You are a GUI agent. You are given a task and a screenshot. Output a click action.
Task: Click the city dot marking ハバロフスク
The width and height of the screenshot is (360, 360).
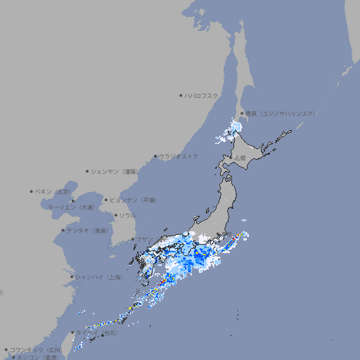181,95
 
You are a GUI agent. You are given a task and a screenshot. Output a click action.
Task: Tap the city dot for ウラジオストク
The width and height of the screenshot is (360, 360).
155,156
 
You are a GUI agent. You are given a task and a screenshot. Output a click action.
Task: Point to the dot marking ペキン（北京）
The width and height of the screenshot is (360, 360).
32,191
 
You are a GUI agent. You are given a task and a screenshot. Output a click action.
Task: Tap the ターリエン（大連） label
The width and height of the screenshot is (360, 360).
71,208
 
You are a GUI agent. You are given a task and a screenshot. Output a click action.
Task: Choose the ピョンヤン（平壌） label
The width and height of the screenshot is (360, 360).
134,200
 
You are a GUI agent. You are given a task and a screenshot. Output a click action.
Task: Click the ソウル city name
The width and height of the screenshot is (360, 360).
127,215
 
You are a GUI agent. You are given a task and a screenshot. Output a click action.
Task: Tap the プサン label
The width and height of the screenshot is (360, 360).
143,240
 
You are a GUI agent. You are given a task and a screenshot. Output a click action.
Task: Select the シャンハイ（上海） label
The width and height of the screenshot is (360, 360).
98,277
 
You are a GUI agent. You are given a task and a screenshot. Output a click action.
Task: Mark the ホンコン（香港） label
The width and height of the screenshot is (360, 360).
37,357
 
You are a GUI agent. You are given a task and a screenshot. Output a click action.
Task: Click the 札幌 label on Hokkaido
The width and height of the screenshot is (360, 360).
241,158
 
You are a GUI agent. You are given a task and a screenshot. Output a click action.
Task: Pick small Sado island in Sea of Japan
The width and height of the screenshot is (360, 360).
209,210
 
